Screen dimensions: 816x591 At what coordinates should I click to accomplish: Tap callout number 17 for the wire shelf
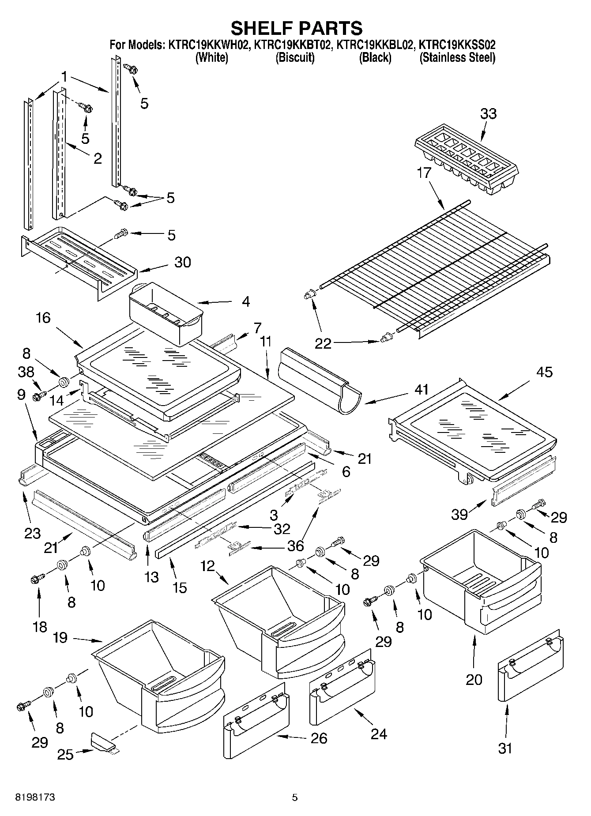click(423, 173)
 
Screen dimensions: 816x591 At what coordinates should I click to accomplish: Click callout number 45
click(544, 372)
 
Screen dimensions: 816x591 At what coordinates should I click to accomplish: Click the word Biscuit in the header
click(295, 57)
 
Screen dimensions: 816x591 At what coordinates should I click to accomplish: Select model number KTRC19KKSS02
click(456, 45)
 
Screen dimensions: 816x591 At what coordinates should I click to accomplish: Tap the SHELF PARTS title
click(297, 28)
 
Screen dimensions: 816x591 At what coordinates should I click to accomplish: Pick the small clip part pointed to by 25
click(102, 742)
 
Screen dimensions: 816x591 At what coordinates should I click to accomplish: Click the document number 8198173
click(35, 797)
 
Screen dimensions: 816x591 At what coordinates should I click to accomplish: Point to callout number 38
click(26, 372)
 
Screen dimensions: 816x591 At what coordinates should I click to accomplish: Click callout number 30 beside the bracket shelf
click(182, 262)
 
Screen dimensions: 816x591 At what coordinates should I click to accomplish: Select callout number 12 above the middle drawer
click(207, 565)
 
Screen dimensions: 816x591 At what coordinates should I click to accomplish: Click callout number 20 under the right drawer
click(474, 679)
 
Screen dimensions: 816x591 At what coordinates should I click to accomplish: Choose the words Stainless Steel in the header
click(457, 57)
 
